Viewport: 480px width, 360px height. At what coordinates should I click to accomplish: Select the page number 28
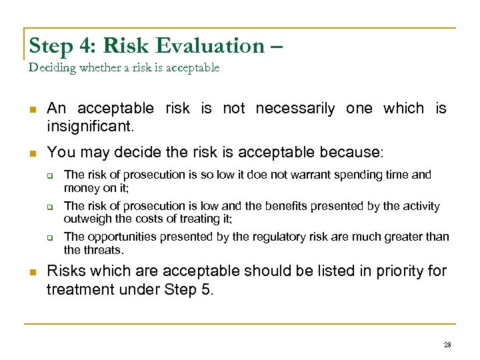pyautogui.click(x=447, y=345)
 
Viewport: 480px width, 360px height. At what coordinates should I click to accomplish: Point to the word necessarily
pyautogui.click(x=295, y=108)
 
